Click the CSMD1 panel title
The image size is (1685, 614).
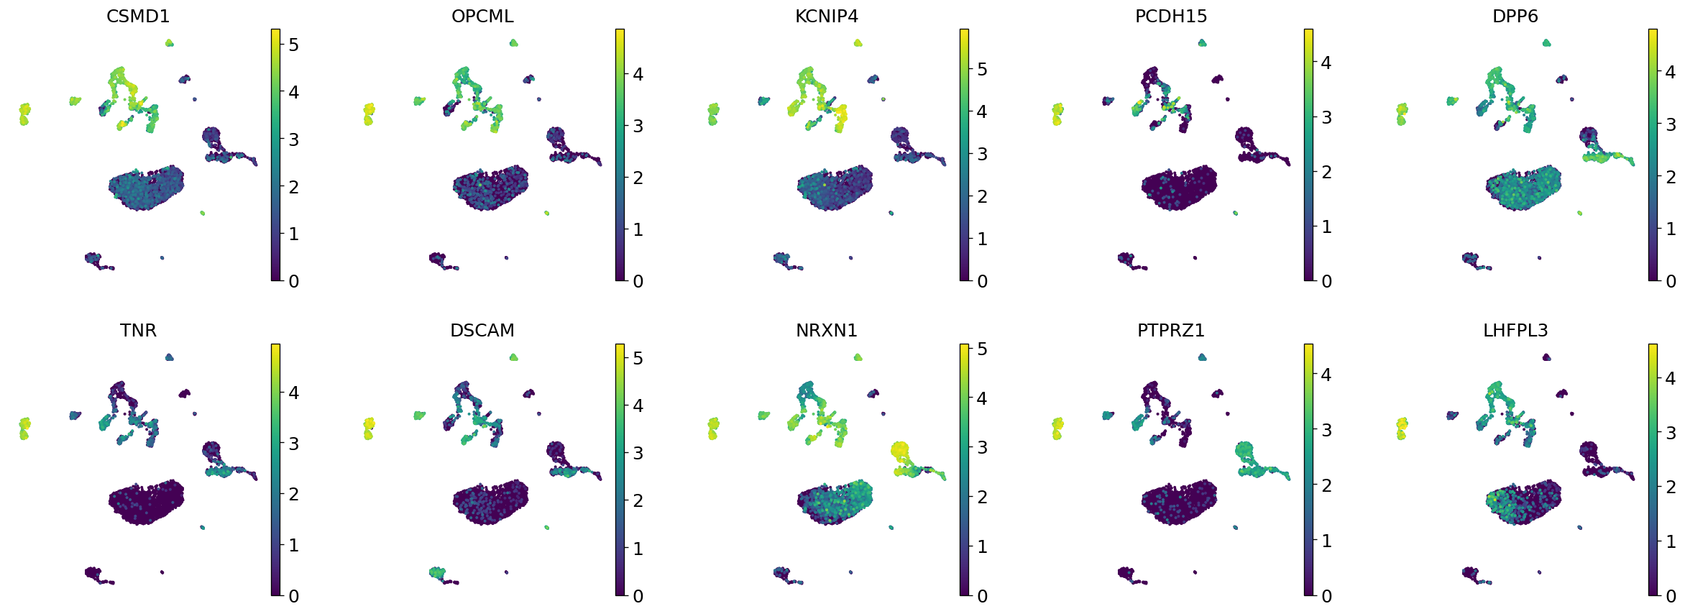tap(138, 16)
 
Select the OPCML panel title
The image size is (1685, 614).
tap(482, 16)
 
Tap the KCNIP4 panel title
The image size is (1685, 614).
tap(827, 16)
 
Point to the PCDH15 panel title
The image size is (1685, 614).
tap(1171, 16)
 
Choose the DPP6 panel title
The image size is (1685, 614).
tap(1515, 16)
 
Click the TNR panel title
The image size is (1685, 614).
tap(138, 330)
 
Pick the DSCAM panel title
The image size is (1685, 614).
tap(482, 330)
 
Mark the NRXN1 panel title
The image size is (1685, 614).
tap(827, 330)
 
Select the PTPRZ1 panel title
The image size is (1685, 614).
tap(1171, 330)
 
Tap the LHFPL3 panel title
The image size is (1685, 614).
tap(1515, 330)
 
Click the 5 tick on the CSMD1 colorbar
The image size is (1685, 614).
tap(293, 45)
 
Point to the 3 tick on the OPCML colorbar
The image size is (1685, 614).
tap(638, 126)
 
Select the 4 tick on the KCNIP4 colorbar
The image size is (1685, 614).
tap(982, 111)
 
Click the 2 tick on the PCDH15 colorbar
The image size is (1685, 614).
tap(1326, 172)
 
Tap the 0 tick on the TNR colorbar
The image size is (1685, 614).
tap(293, 595)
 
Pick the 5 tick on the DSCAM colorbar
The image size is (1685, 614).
tap(638, 358)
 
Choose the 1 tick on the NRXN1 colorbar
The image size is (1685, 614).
tap(982, 546)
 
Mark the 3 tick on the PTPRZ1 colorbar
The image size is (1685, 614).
tap(1326, 430)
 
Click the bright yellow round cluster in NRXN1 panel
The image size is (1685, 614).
tap(899, 451)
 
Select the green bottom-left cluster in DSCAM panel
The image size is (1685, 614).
tap(437, 572)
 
